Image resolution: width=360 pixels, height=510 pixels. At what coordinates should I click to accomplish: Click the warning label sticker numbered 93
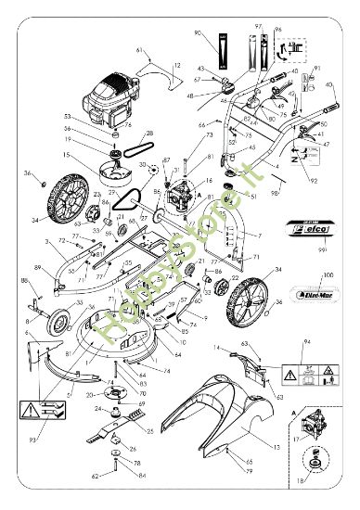point(40,409)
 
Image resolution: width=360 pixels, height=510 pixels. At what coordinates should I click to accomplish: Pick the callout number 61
point(140,49)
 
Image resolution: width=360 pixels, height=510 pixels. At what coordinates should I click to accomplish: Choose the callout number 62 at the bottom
point(96,477)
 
